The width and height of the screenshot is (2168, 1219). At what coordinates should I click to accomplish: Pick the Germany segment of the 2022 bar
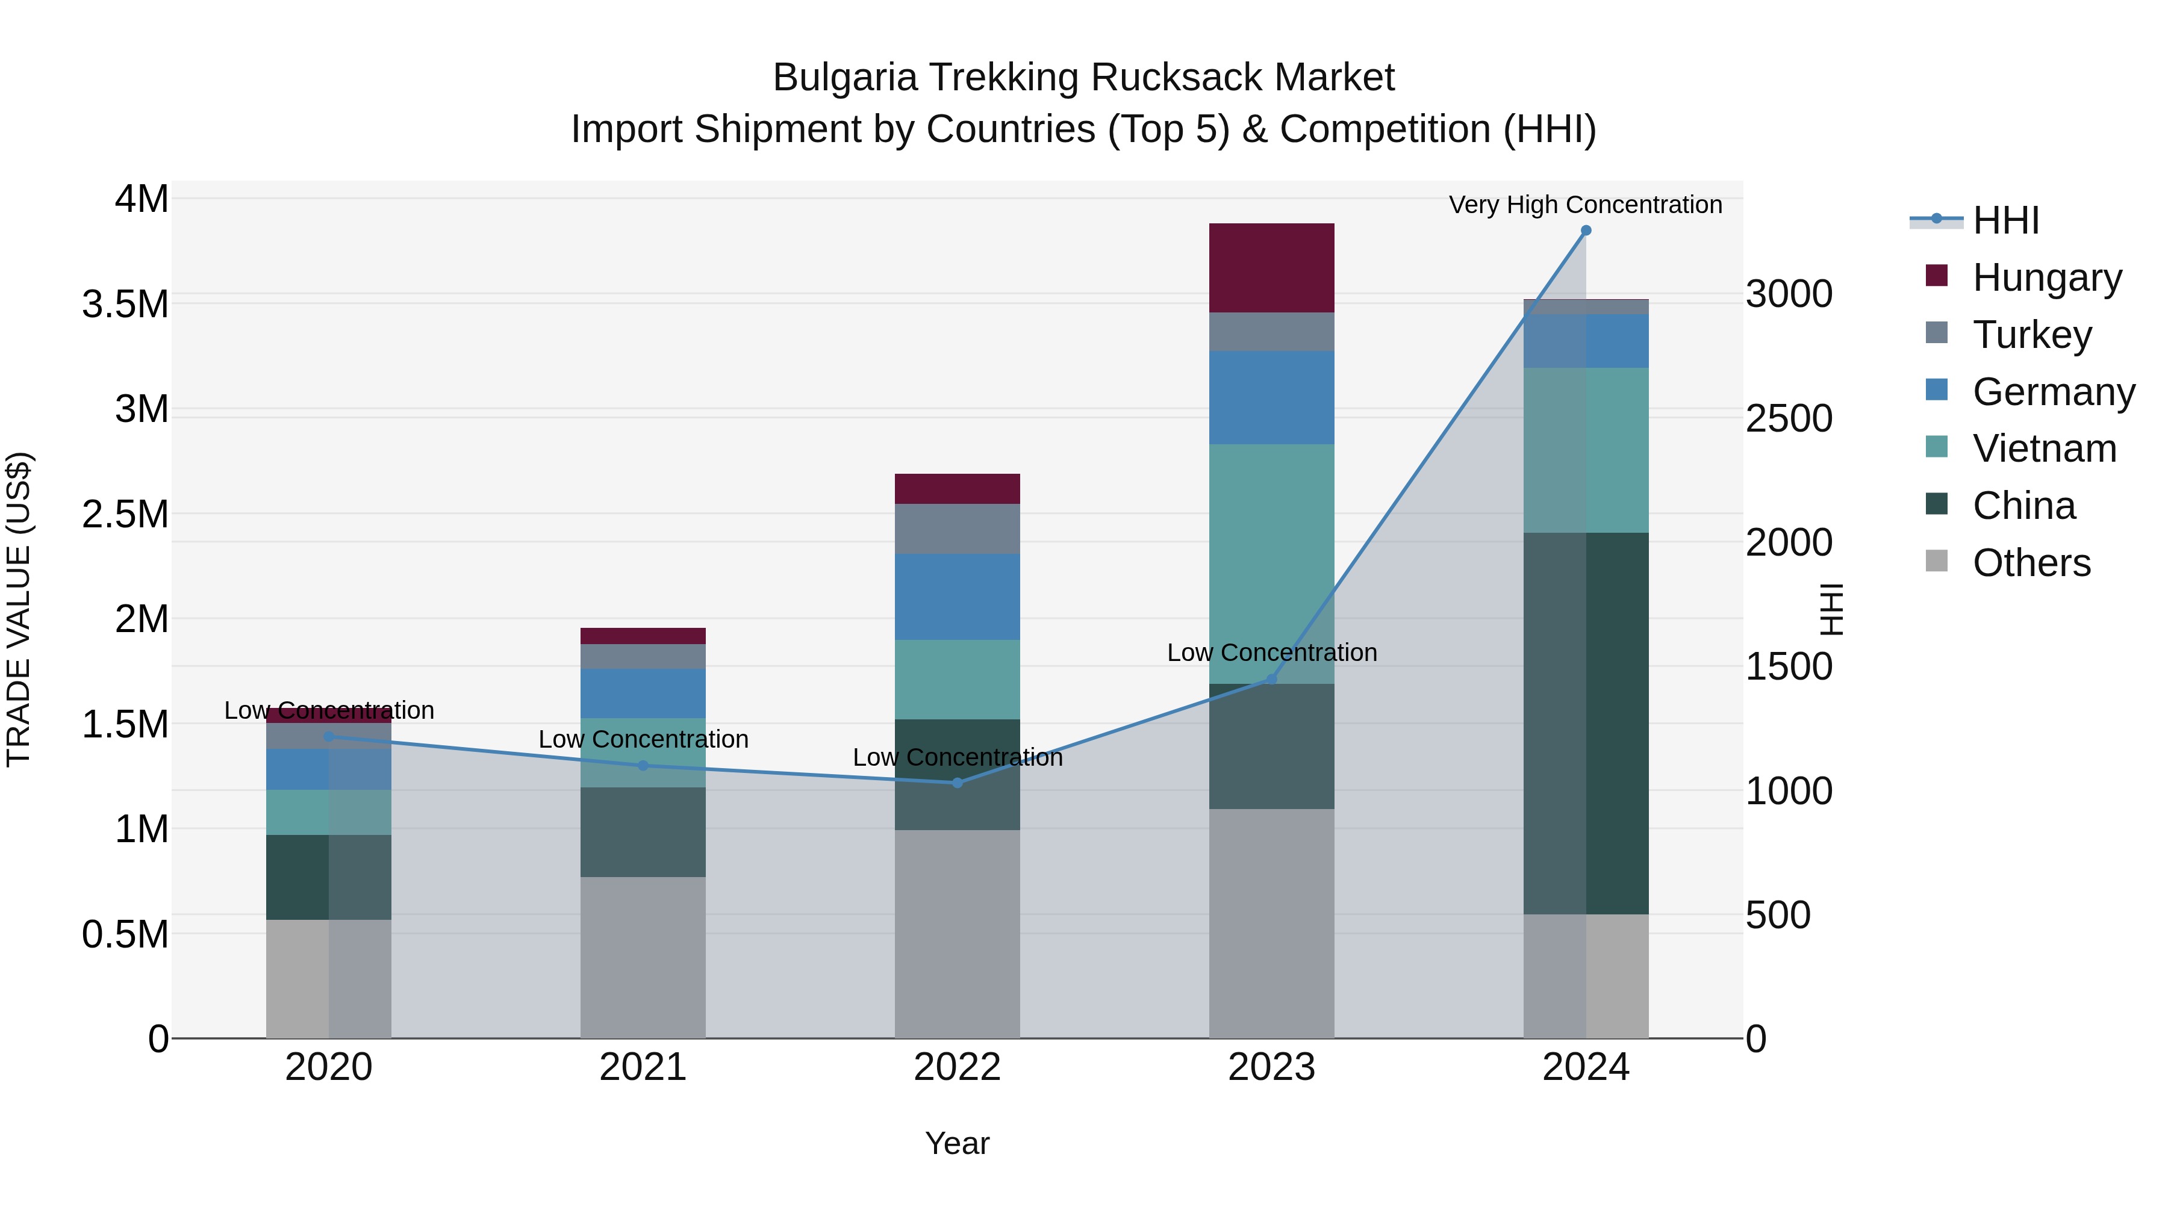point(957,597)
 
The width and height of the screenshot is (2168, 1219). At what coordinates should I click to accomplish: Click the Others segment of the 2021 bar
point(643,957)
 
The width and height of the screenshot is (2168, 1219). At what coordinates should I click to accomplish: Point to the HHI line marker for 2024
point(1586,231)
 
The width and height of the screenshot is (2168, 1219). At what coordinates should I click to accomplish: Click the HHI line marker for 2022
point(957,783)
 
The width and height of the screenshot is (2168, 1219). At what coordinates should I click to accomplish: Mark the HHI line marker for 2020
point(329,737)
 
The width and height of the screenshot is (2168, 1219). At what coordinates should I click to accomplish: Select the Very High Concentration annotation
point(1585,205)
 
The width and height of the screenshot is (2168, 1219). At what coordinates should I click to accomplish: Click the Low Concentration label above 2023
point(1272,652)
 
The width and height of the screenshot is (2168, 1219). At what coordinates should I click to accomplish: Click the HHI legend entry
point(2005,220)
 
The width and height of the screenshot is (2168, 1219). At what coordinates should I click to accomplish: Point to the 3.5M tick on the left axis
point(125,304)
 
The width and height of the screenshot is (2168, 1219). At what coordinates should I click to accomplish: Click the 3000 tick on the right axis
point(1789,294)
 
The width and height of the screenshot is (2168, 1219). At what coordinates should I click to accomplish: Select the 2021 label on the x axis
point(643,1067)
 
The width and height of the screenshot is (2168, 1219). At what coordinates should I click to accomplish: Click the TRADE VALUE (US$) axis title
point(19,609)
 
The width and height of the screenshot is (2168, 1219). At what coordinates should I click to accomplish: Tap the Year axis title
point(957,1143)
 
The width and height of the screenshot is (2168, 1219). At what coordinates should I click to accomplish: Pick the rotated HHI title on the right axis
point(1831,609)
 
